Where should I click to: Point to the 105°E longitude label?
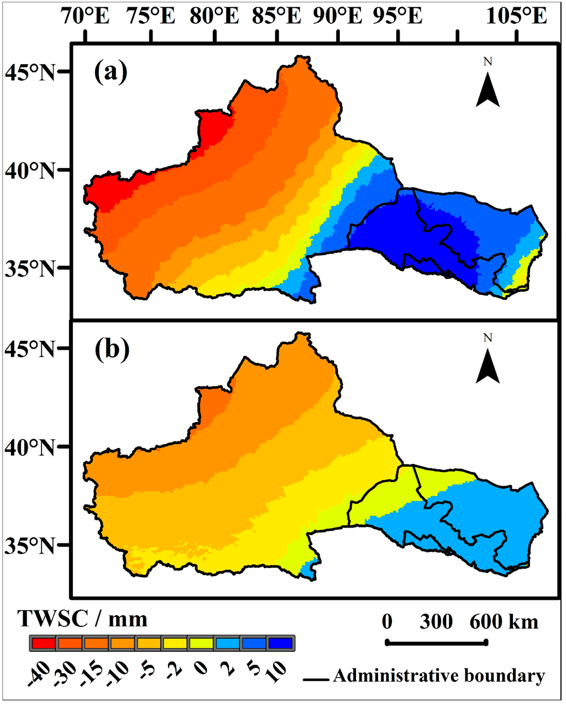pyautogui.click(x=517, y=17)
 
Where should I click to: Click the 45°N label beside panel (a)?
pyautogui.click(x=30, y=72)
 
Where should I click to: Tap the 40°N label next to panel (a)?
pyautogui.click(x=30, y=170)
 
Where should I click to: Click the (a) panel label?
pyautogui.click(x=111, y=71)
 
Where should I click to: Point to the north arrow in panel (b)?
pyautogui.click(x=488, y=367)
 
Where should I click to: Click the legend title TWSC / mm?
pyautogui.click(x=83, y=619)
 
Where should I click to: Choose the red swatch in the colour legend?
pyautogui.click(x=43, y=643)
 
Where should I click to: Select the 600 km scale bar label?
pyautogui.click(x=504, y=622)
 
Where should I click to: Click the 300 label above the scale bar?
pyautogui.click(x=436, y=622)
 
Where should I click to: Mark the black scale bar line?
pyautogui.click(x=437, y=642)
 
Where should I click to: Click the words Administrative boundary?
pyautogui.click(x=439, y=676)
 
